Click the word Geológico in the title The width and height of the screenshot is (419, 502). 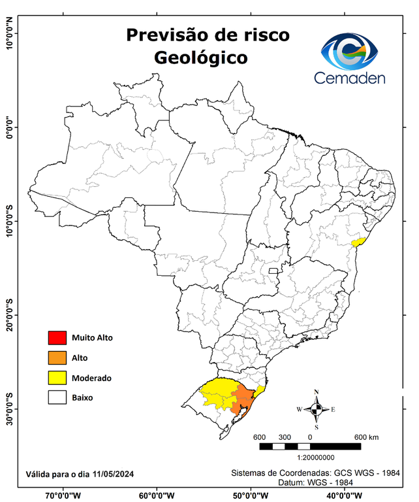pyautogui.click(x=201, y=58)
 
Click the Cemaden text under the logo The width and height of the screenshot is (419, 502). pyautogui.click(x=349, y=78)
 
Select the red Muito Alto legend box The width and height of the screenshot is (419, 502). pyautogui.click(x=57, y=338)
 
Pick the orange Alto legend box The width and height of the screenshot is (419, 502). pyautogui.click(x=57, y=358)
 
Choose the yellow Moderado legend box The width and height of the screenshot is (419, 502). pyautogui.click(x=57, y=377)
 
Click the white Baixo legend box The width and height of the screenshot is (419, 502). pyautogui.click(x=57, y=397)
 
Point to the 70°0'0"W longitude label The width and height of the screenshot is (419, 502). pyautogui.click(x=63, y=495)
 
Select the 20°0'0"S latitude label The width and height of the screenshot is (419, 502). pyautogui.click(x=9, y=315)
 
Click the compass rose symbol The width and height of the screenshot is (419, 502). pyautogui.click(x=316, y=409)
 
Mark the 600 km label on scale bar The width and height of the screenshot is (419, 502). pyautogui.click(x=365, y=437)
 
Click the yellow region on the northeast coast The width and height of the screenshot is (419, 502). pyautogui.click(x=357, y=242)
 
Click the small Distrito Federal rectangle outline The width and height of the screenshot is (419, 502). pyautogui.click(x=273, y=270)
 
